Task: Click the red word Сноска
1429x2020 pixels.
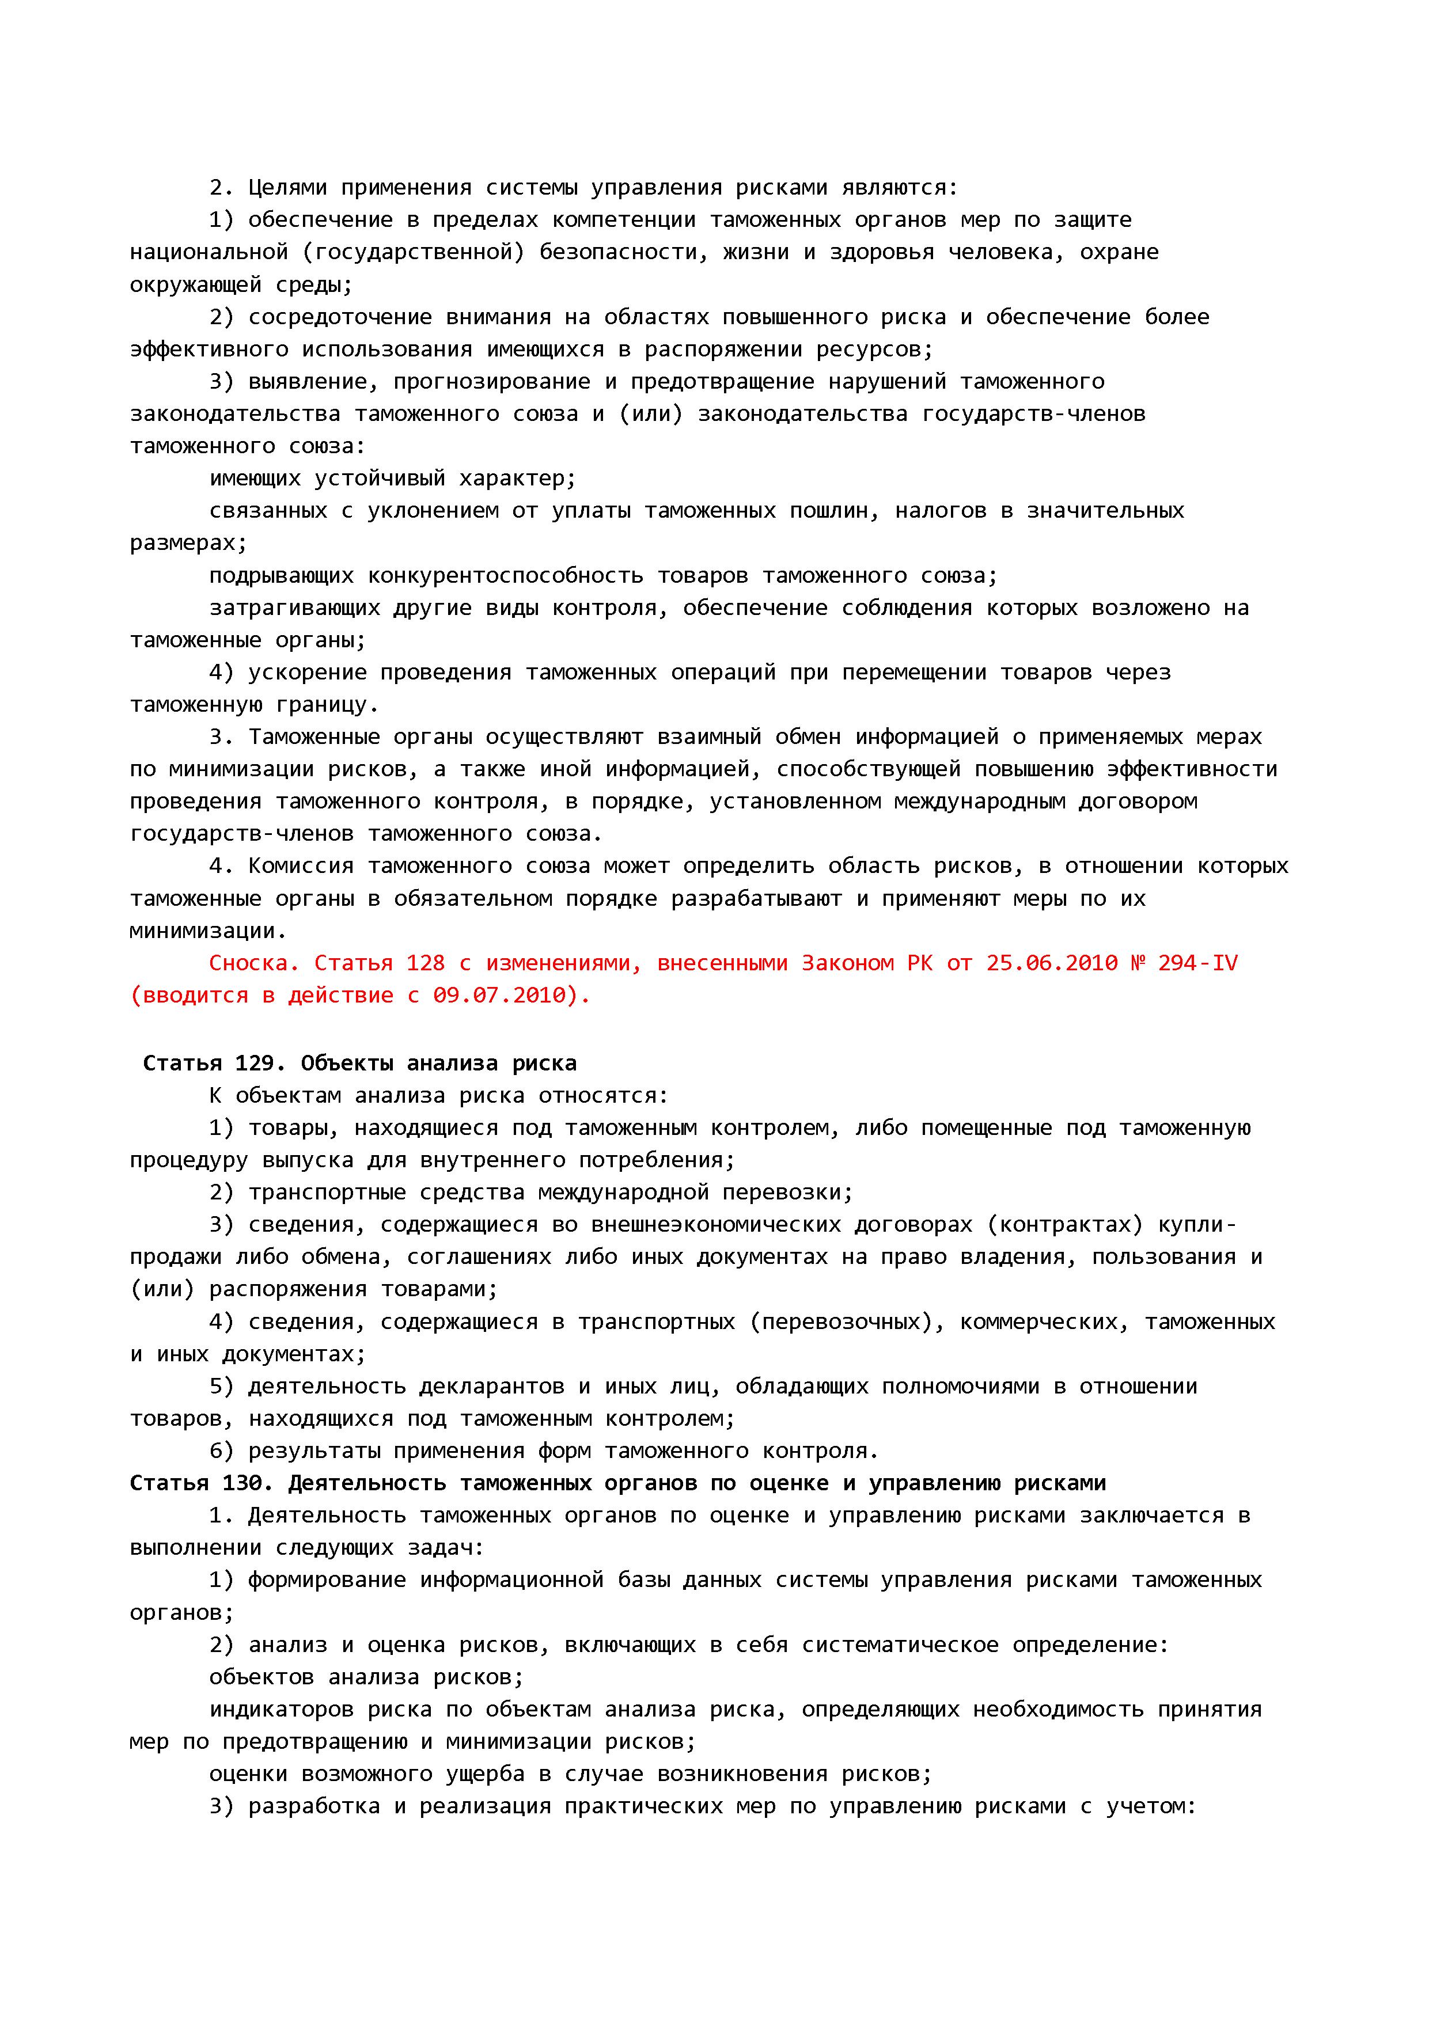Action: coord(249,963)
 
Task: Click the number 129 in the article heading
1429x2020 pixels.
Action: coord(255,1064)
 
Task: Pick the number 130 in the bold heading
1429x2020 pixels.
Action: coord(241,1483)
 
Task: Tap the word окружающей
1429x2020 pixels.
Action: coord(195,285)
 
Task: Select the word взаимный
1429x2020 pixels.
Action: coord(708,737)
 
